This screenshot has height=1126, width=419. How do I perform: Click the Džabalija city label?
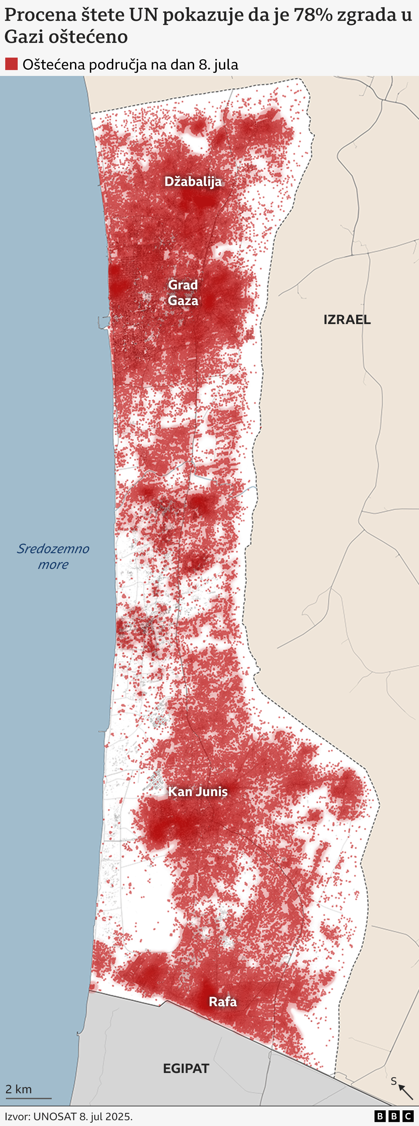click(193, 181)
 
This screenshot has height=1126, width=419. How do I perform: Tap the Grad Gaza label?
click(183, 292)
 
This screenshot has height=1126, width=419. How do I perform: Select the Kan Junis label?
click(198, 791)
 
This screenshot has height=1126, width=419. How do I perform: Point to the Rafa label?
click(223, 1001)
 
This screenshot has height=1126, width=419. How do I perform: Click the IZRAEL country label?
click(347, 319)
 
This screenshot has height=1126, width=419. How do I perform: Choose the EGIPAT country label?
click(186, 1068)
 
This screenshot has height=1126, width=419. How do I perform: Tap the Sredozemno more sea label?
click(53, 556)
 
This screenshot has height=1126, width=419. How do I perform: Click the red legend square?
click(11, 64)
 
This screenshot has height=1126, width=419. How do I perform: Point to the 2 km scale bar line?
click(28, 1098)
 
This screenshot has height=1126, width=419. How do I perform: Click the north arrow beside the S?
click(406, 1092)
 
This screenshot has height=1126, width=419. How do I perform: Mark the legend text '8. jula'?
click(218, 65)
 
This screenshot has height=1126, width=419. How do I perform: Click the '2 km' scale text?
click(18, 1089)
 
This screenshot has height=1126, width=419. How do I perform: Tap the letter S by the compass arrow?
click(394, 1081)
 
